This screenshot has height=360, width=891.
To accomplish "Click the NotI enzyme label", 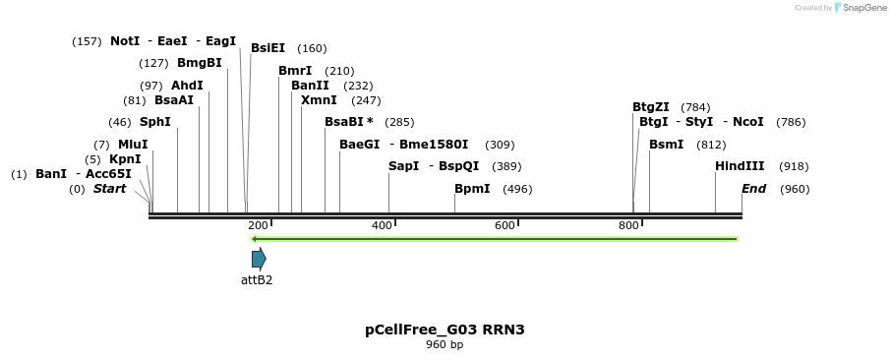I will click(x=125, y=41).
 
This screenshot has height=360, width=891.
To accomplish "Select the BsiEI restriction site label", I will click(x=267, y=48).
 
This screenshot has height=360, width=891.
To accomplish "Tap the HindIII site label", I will click(x=740, y=166).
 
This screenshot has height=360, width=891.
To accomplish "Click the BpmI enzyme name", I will click(x=472, y=189).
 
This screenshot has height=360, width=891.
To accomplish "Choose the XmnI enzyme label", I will click(x=319, y=100).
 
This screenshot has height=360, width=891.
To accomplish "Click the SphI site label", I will click(x=154, y=122).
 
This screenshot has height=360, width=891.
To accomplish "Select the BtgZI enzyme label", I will click(x=651, y=107).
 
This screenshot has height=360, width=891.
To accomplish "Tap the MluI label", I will click(x=133, y=145).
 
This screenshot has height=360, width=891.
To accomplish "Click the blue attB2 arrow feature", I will click(x=259, y=259).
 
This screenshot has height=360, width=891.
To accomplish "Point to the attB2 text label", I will click(x=257, y=280).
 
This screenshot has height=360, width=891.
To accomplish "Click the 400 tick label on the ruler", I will click(x=382, y=225).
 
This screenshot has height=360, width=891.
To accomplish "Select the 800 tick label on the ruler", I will click(x=628, y=225).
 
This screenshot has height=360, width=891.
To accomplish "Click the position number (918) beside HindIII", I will click(x=794, y=167).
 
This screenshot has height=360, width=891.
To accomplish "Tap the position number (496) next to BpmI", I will click(x=517, y=189).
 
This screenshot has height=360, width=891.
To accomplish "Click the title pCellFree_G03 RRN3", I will click(x=445, y=330).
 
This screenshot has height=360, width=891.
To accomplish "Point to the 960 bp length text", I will click(x=445, y=345).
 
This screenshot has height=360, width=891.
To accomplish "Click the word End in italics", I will click(x=753, y=189).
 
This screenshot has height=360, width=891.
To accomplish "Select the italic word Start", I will click(x=109, y=189).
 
